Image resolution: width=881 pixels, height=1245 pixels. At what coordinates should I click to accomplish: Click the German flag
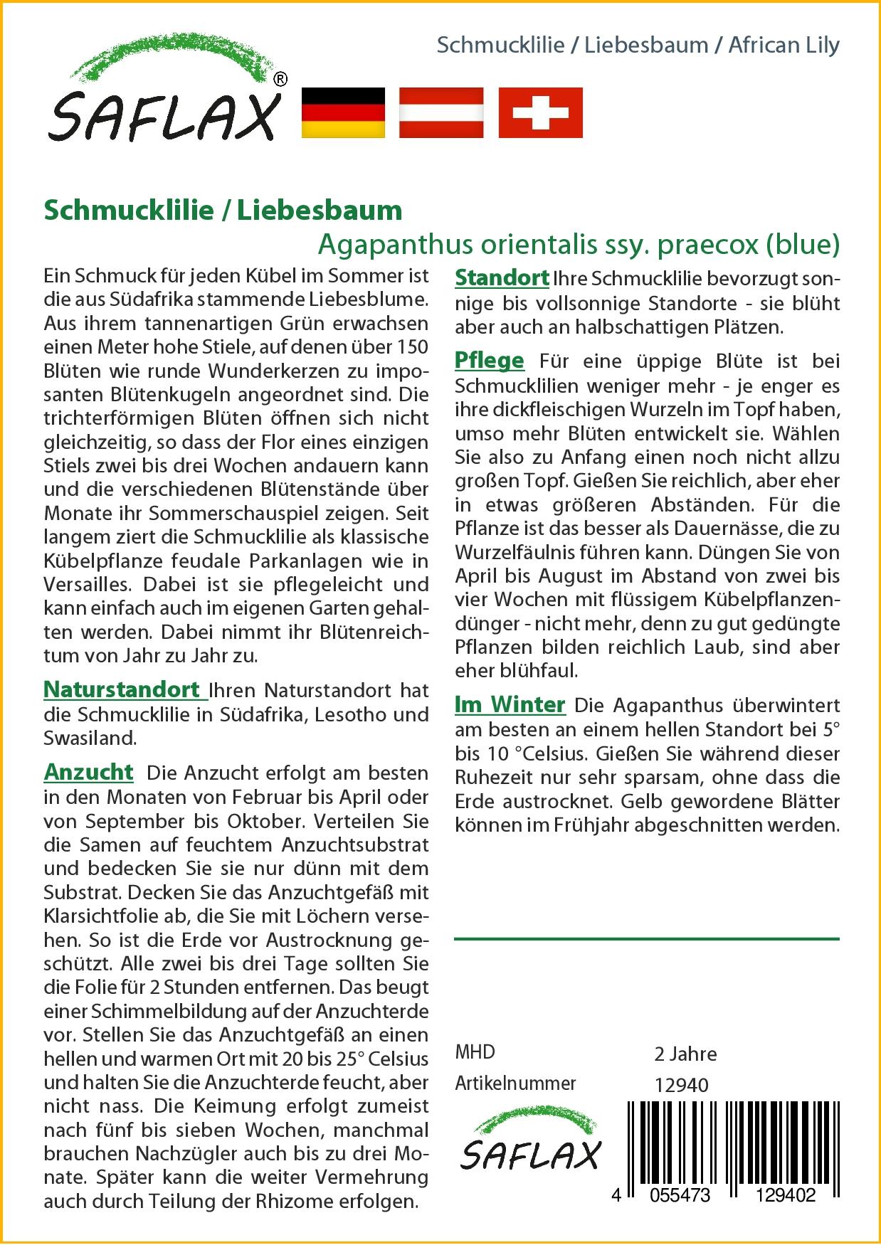343,112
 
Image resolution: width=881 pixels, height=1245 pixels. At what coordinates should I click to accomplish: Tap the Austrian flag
441,112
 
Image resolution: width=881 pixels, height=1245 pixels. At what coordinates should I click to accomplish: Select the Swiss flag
540,112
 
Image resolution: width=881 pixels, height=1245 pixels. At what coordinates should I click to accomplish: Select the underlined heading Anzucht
88,772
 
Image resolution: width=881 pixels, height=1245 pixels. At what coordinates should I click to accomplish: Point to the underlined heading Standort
502,277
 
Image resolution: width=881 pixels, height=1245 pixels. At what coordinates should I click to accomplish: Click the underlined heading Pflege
489,361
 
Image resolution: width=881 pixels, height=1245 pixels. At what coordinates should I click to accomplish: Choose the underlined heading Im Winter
510,704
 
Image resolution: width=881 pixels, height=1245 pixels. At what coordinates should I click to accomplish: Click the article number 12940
681,1085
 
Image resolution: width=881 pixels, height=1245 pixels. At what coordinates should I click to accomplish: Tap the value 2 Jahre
685,1054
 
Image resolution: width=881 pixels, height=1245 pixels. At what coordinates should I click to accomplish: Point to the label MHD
475,1052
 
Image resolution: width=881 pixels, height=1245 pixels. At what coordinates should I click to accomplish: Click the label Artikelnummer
515,1084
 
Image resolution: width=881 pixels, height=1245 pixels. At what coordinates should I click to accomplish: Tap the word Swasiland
90,738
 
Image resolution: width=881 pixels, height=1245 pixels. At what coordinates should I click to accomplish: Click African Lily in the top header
784,45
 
